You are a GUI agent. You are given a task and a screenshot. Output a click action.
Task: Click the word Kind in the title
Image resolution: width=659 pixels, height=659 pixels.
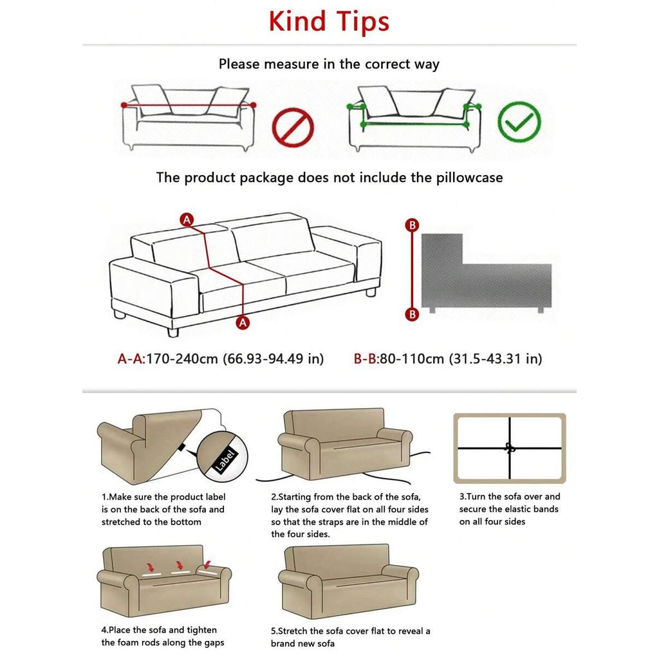point(298,21)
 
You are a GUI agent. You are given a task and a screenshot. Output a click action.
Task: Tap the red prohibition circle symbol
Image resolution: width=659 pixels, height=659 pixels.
point(293,126)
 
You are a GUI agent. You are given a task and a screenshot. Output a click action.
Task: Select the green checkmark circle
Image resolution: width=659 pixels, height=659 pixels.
point(519,121)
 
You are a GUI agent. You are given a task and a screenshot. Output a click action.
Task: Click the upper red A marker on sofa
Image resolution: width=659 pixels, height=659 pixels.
point(187,219)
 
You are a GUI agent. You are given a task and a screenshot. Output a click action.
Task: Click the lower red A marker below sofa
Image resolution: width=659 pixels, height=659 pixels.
point(243,323)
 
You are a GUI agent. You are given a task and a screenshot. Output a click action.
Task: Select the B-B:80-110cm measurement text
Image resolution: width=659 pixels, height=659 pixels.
point(398,358)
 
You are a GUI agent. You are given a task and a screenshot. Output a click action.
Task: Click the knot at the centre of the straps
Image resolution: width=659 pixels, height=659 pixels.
point(510,449)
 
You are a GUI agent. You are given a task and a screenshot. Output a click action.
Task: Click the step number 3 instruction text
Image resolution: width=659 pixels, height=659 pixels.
point(509,509)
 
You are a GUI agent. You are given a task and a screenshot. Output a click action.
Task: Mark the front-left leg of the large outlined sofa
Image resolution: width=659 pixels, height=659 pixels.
point(172,332)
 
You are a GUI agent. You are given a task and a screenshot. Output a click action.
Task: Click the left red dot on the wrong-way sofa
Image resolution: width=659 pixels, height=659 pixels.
point(124,105)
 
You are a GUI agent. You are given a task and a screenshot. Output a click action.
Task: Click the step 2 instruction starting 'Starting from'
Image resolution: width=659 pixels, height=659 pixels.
point(349,515)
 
